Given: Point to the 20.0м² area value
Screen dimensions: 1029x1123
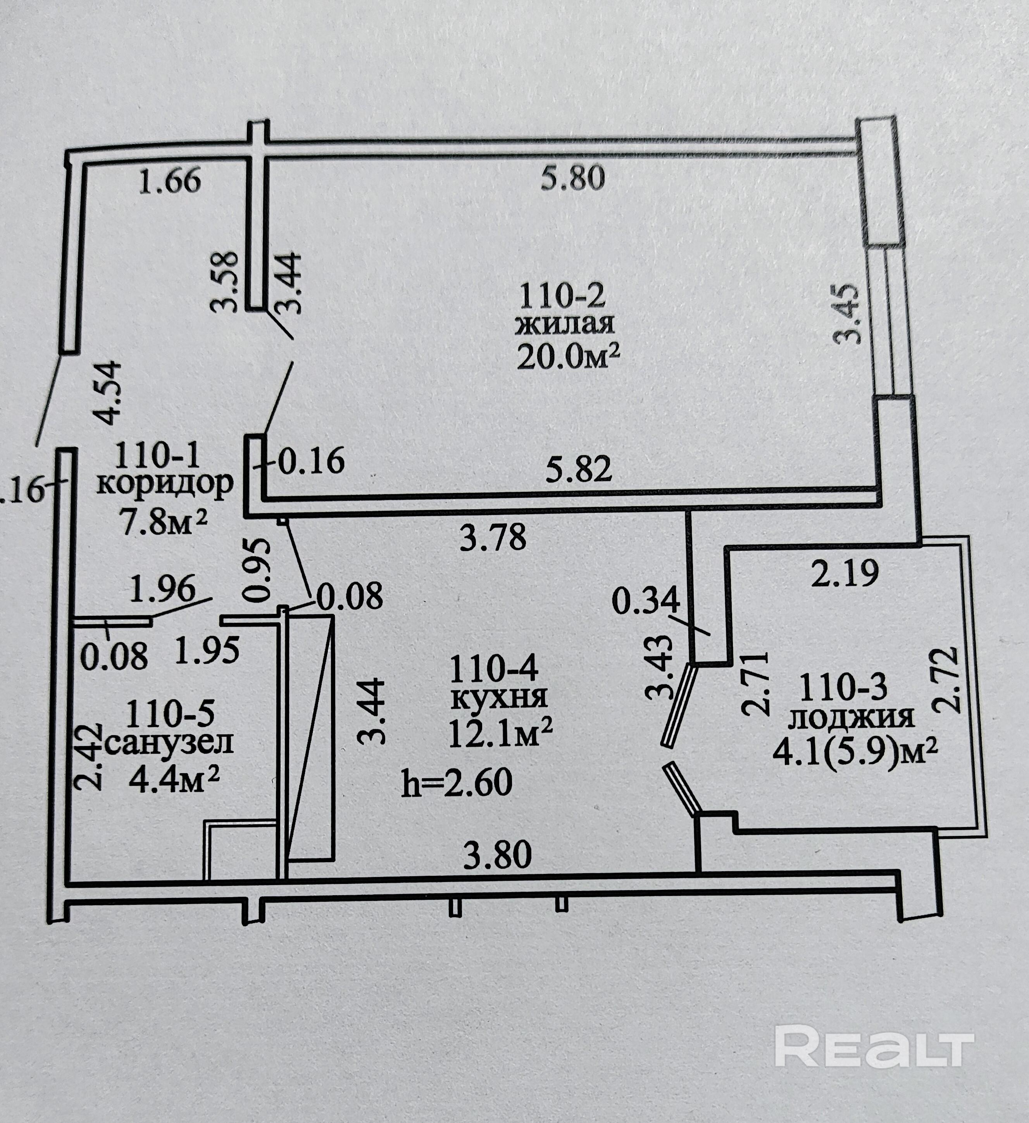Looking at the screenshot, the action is click(568, 356).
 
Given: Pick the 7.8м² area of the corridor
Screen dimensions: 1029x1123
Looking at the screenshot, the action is click(164, 523).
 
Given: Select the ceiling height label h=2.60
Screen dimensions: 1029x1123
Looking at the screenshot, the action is click(457, 783).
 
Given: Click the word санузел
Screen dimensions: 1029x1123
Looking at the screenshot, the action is click(168, 743).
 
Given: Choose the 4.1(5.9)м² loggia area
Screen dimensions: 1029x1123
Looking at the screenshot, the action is click(855, 752).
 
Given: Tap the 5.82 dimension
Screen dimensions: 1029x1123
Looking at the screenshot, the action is click(579, 469).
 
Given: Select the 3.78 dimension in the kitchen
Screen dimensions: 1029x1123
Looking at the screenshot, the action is click(493, 539).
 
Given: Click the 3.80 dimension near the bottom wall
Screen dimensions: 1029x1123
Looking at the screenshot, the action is click(498, 856).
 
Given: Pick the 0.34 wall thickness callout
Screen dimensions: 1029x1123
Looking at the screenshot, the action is click(646, 601).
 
